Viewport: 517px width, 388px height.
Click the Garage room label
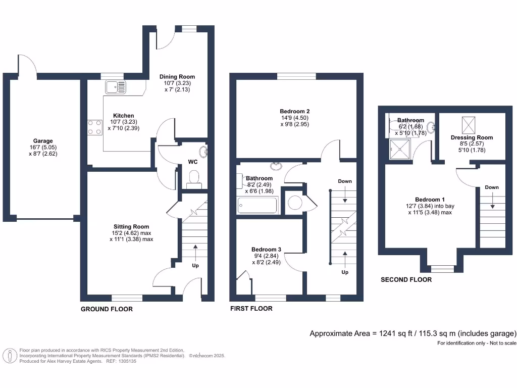point(43,141)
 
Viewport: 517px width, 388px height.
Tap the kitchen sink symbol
point(116,87)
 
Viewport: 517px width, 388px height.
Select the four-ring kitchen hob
point(94,126)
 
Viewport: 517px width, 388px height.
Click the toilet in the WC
point(193,177)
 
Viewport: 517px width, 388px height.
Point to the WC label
point(192,163)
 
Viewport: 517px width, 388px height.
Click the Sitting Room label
point(131,226)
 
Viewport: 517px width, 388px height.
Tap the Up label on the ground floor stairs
point(195,265)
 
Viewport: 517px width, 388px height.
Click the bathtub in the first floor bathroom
point(257,206)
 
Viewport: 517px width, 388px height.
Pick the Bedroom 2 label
point(294,111)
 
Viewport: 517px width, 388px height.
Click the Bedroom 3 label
point(266,249)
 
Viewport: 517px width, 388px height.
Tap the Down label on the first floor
point(344,181)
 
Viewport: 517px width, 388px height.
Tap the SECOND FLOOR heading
point(406,279)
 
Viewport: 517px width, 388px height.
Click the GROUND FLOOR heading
point(107,309)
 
